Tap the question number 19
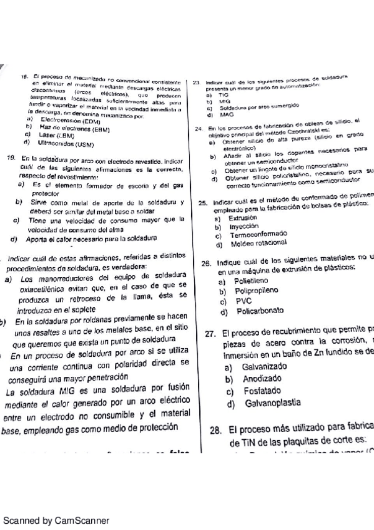(x=11, y=159)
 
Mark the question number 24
(x=198, y=129)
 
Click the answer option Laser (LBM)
(x=56, y=135)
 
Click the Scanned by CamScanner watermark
(x=56, y=520)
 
